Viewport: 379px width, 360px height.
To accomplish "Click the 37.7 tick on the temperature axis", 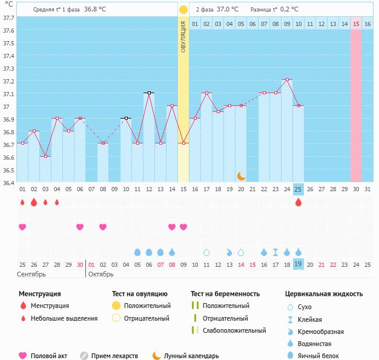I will [x=8, y=18].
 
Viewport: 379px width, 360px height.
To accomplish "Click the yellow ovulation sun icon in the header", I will [x=183, y=10].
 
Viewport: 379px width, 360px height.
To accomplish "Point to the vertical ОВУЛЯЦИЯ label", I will [x=183, y=36].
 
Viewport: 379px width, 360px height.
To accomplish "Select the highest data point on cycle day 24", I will [x=287, y=79].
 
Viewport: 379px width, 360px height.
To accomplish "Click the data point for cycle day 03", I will [x=45, y=156].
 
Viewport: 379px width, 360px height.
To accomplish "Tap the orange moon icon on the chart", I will [x=241, y=175].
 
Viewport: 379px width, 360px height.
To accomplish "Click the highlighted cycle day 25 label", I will [x=298, y=189].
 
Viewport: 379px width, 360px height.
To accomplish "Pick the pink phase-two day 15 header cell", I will [x=356, y=24].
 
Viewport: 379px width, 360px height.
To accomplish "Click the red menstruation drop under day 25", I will [x=298, y=202].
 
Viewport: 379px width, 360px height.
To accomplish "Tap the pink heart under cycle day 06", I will [x=80, y=227].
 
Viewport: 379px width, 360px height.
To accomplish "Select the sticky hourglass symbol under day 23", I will [x=275, y=252].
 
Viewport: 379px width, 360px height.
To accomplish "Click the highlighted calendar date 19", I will [x=298, y=264].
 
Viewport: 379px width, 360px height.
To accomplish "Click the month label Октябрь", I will [x=101, y=274].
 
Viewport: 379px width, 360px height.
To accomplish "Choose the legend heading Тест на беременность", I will [x=225, y=293].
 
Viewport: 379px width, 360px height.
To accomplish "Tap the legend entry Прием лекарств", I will [x=114, y=356].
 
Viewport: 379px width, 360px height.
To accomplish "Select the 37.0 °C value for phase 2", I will [x=227, y=10].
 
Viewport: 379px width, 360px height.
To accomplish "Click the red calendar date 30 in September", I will [x=80, y=264].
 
